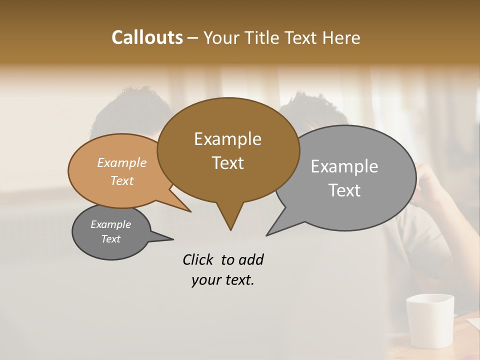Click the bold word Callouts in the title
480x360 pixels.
point(147,37)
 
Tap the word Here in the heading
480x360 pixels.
point(341,38)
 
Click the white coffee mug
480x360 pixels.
point(430,320)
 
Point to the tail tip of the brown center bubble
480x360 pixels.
point(230,229)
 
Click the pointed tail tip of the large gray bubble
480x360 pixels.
point(267,235)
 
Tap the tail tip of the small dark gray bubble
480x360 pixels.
point(172,239)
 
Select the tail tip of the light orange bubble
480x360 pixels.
point(190,211)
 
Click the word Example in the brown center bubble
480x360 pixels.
point(227,139)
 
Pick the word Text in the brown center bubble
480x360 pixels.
point(227,163)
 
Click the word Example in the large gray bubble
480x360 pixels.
point(344,166)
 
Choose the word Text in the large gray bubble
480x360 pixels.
point(344,190)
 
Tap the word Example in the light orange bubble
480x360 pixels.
point(122,163)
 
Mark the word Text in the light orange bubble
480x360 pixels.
point(122,180)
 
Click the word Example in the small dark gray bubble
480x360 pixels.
point(110,224)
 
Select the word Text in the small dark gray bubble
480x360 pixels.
point(110,239)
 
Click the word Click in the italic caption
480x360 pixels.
point(199,259)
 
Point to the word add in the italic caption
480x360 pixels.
point(251,259)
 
